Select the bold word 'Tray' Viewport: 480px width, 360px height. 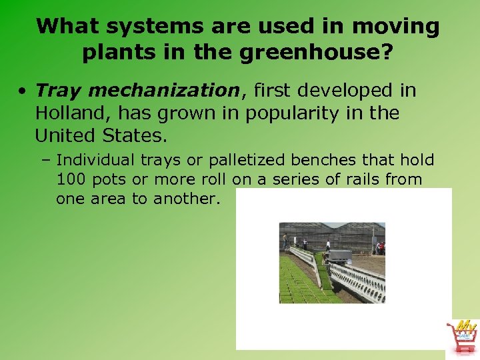[x=58, y=89]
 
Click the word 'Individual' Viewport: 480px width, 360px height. [x=95, y=161]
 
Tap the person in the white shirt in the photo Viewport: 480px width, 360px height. [x=327, y=245]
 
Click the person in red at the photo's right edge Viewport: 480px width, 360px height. [x=382, y=248]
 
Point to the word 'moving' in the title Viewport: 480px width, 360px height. [x=401, y=27]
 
